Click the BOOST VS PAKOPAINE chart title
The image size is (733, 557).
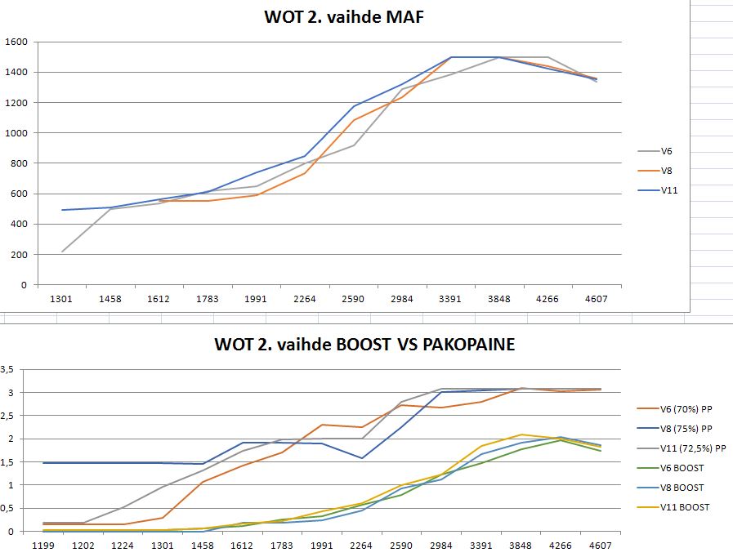pyautogui.click(x=364, y=345)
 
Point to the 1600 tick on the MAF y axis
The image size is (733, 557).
pyautogui.click(x=16, y=42)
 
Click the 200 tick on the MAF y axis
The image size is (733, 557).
pyautogui.click(x=19, y=255)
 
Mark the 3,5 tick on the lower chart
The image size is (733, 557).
pyautogui.click(x=7, y=369)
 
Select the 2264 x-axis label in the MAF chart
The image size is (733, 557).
pyautogui.click(x=304, y=299)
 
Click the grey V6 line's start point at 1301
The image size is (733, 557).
pyautogui.click(x=62, y=252)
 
